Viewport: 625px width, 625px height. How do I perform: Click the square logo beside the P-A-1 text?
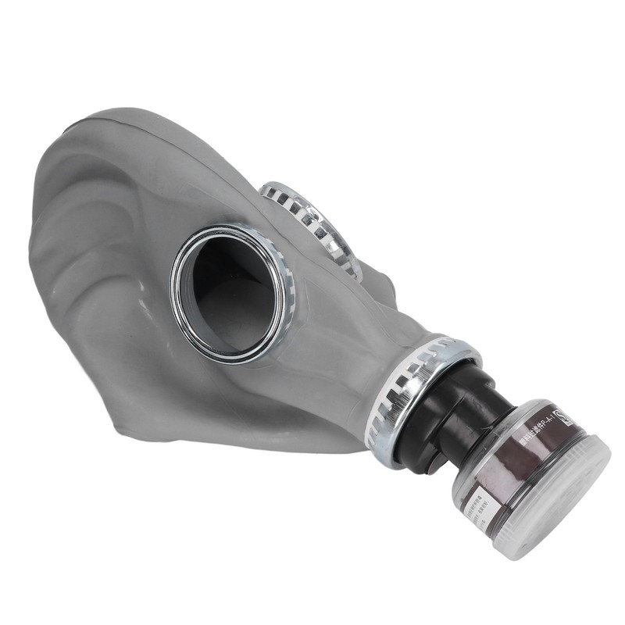click(556, 412)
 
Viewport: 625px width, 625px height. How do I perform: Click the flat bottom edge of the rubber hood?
click(258, 445)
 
